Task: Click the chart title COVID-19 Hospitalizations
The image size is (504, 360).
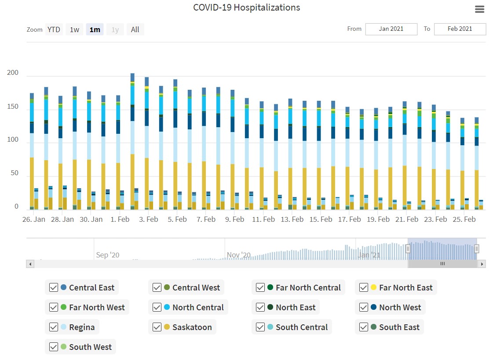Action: click(x=246, y=7)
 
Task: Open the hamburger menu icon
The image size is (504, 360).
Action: click(x=479, y=9)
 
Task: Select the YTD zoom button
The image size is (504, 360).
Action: click(x=54, y=29)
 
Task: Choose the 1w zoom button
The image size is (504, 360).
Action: click(x=75, y=29)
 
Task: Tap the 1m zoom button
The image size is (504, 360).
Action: click(x=95, y=29)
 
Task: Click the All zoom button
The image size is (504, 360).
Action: click(x=135, y=29)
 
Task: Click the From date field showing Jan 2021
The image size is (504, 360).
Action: click(x=391, y=29)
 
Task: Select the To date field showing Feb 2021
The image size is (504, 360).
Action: click(x=460, y=29)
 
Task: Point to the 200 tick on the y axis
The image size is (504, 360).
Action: click(x=13, y=73)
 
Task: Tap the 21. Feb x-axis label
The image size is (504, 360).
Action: click(x=407, y=219)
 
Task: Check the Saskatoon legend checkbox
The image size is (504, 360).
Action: click(x=157, y=327)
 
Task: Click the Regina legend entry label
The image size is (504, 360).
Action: click(x=82, y=327)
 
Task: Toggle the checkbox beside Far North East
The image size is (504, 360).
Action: click(x=364, y=287)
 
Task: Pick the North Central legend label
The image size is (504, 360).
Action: click(x=198, y=307)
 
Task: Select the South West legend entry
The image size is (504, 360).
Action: click(x=90, y=347)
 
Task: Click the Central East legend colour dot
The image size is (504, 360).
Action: click(x=63, y=287)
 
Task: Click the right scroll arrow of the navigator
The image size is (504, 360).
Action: click(x=482, y=264)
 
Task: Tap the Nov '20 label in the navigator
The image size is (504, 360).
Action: click(x=239, y=255)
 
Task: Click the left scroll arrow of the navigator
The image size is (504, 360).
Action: click(x=30, y=264)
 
